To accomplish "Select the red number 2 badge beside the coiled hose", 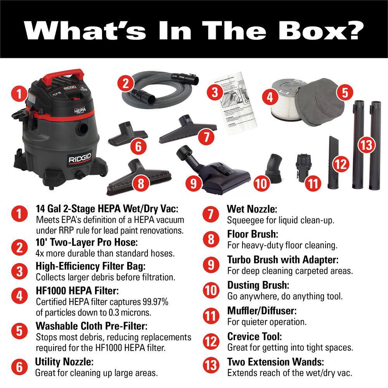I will tap(125, 83).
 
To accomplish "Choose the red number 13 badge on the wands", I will tap(365, 145).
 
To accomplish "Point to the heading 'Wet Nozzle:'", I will tap(252, 209).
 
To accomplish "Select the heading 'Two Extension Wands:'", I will tap(275, 362).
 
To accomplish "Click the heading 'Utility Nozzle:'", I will tap(64, 362).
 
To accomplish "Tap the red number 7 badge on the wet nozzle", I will tap(206, 137).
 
